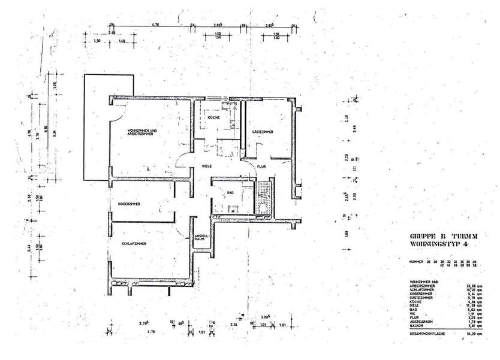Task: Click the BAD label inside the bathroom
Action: point(230,192)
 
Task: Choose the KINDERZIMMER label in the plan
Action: point(129,204)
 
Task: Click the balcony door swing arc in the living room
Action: point(116,109)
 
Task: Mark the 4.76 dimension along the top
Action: point(155,25)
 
